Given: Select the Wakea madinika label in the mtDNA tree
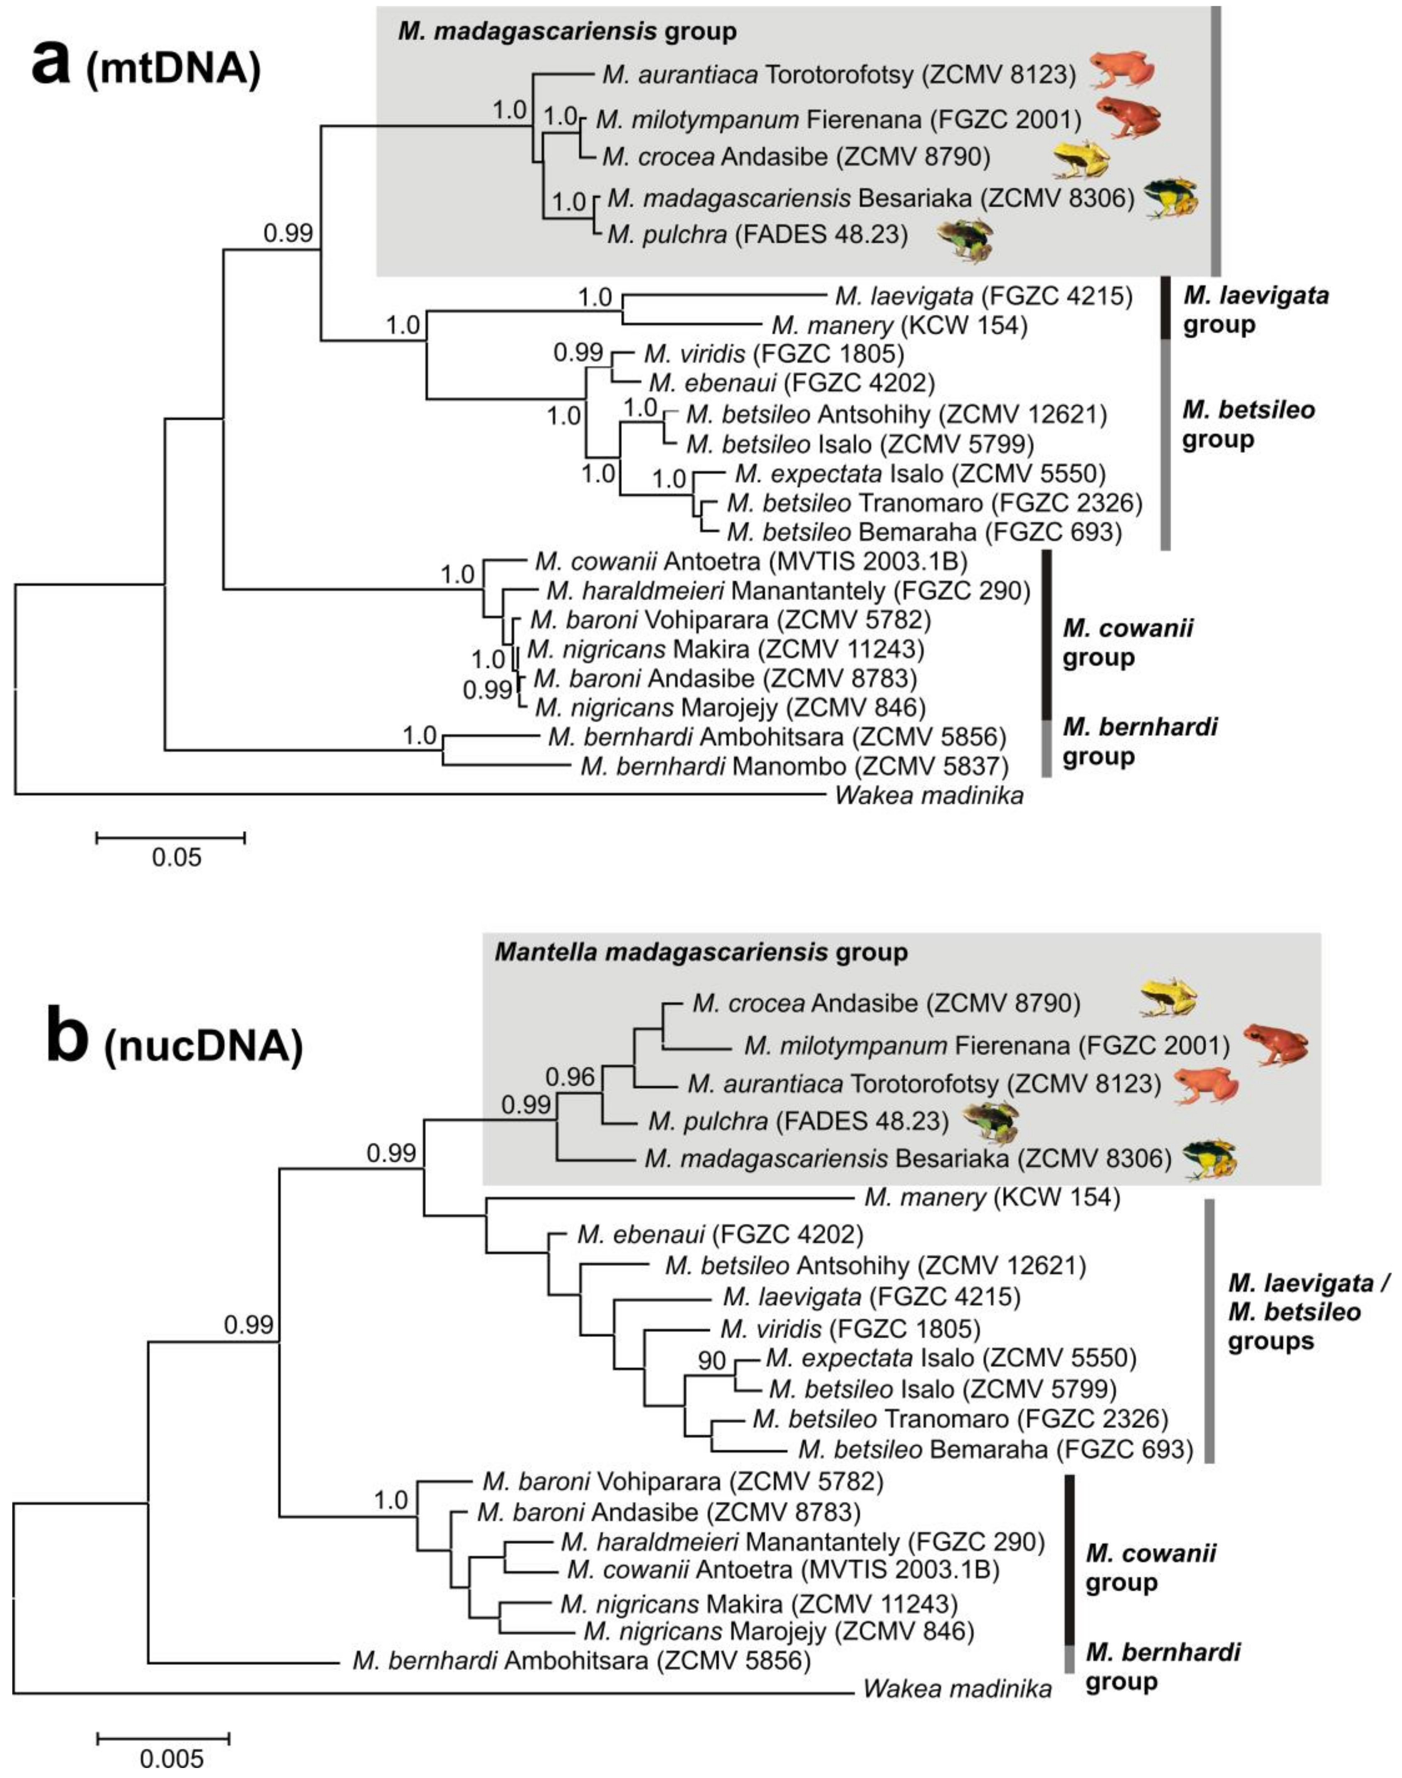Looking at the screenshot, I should (929, 795).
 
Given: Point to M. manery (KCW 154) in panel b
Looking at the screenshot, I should (992, 1198).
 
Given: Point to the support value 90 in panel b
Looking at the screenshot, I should (713, 1360).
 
